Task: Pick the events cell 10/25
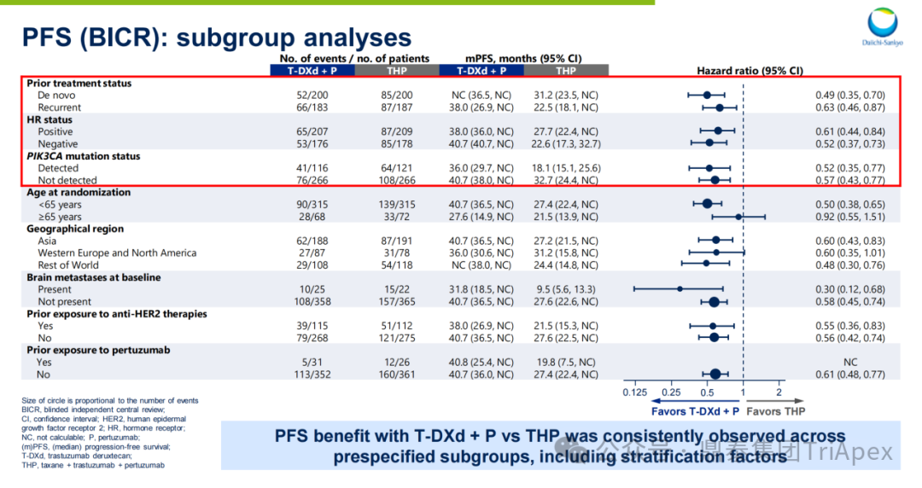pyautogui.click(x=312, y=290)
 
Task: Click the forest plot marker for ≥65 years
pyautogui.click(x=738, y=217)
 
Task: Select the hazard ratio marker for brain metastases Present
pyautogui.click(x=680, y=289)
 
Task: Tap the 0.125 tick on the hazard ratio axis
pyautogui.click(x=634, y=392)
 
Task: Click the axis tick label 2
pyautogui.click(x=779, y=392)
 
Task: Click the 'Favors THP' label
pyautogui.click(x=774, y=411)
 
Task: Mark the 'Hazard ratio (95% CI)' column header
pyautogui.click(x=750, y=71)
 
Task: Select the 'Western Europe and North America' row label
pyautogui.click(x=117, y=253)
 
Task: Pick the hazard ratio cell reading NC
pyautogui.click(x=849, y=362)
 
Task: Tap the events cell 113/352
pyautogui.click(x=312, y=374)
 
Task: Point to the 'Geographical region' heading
pyautogui.click(x=75, y=229)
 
